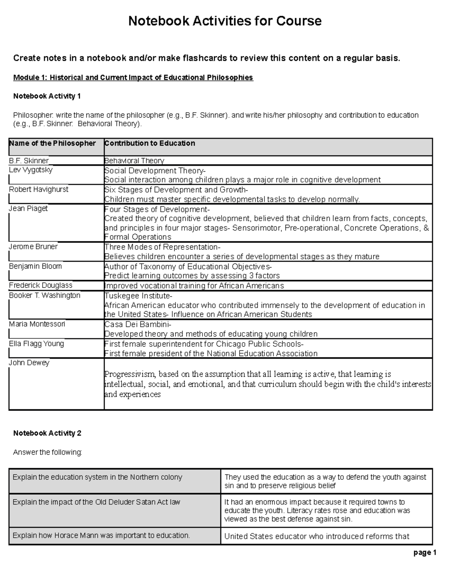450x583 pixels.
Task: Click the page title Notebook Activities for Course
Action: click(225, 21)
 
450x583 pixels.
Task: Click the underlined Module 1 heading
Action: click(133, 78)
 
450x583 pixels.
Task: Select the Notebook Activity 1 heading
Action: click(47, 96)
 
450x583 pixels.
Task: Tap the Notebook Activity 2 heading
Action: click(47, 433)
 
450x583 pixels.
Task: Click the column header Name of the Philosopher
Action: click(52, 143)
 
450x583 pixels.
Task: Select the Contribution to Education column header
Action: click(150, 143)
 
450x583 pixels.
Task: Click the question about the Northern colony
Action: click(97, 477)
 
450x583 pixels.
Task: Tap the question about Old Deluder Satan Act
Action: click(96, 502)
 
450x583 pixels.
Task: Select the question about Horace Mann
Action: click(101, 535)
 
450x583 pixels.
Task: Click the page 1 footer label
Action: click(425, 553)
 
